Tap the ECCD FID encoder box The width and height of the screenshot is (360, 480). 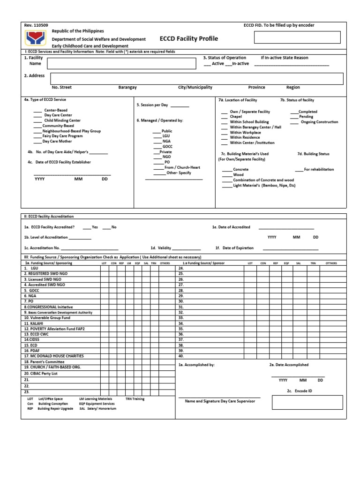(297, 37)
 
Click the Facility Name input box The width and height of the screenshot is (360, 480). (124, 63)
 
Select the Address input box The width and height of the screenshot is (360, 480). (196, 78)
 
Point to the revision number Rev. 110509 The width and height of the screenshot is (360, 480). (36, 25)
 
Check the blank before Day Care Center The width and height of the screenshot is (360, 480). (37, 115)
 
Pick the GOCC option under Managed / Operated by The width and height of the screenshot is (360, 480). (167, 147)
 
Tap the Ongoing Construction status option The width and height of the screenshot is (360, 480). (319, 122)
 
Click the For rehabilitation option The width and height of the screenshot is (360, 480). (319, 169)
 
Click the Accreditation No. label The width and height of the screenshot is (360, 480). (42, 248)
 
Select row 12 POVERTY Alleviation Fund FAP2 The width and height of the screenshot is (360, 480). (54, 329)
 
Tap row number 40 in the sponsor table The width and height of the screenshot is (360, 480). (181, 356)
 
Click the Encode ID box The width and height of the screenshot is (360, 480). (307, 402)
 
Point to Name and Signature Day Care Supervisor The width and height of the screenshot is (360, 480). (220, 401)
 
